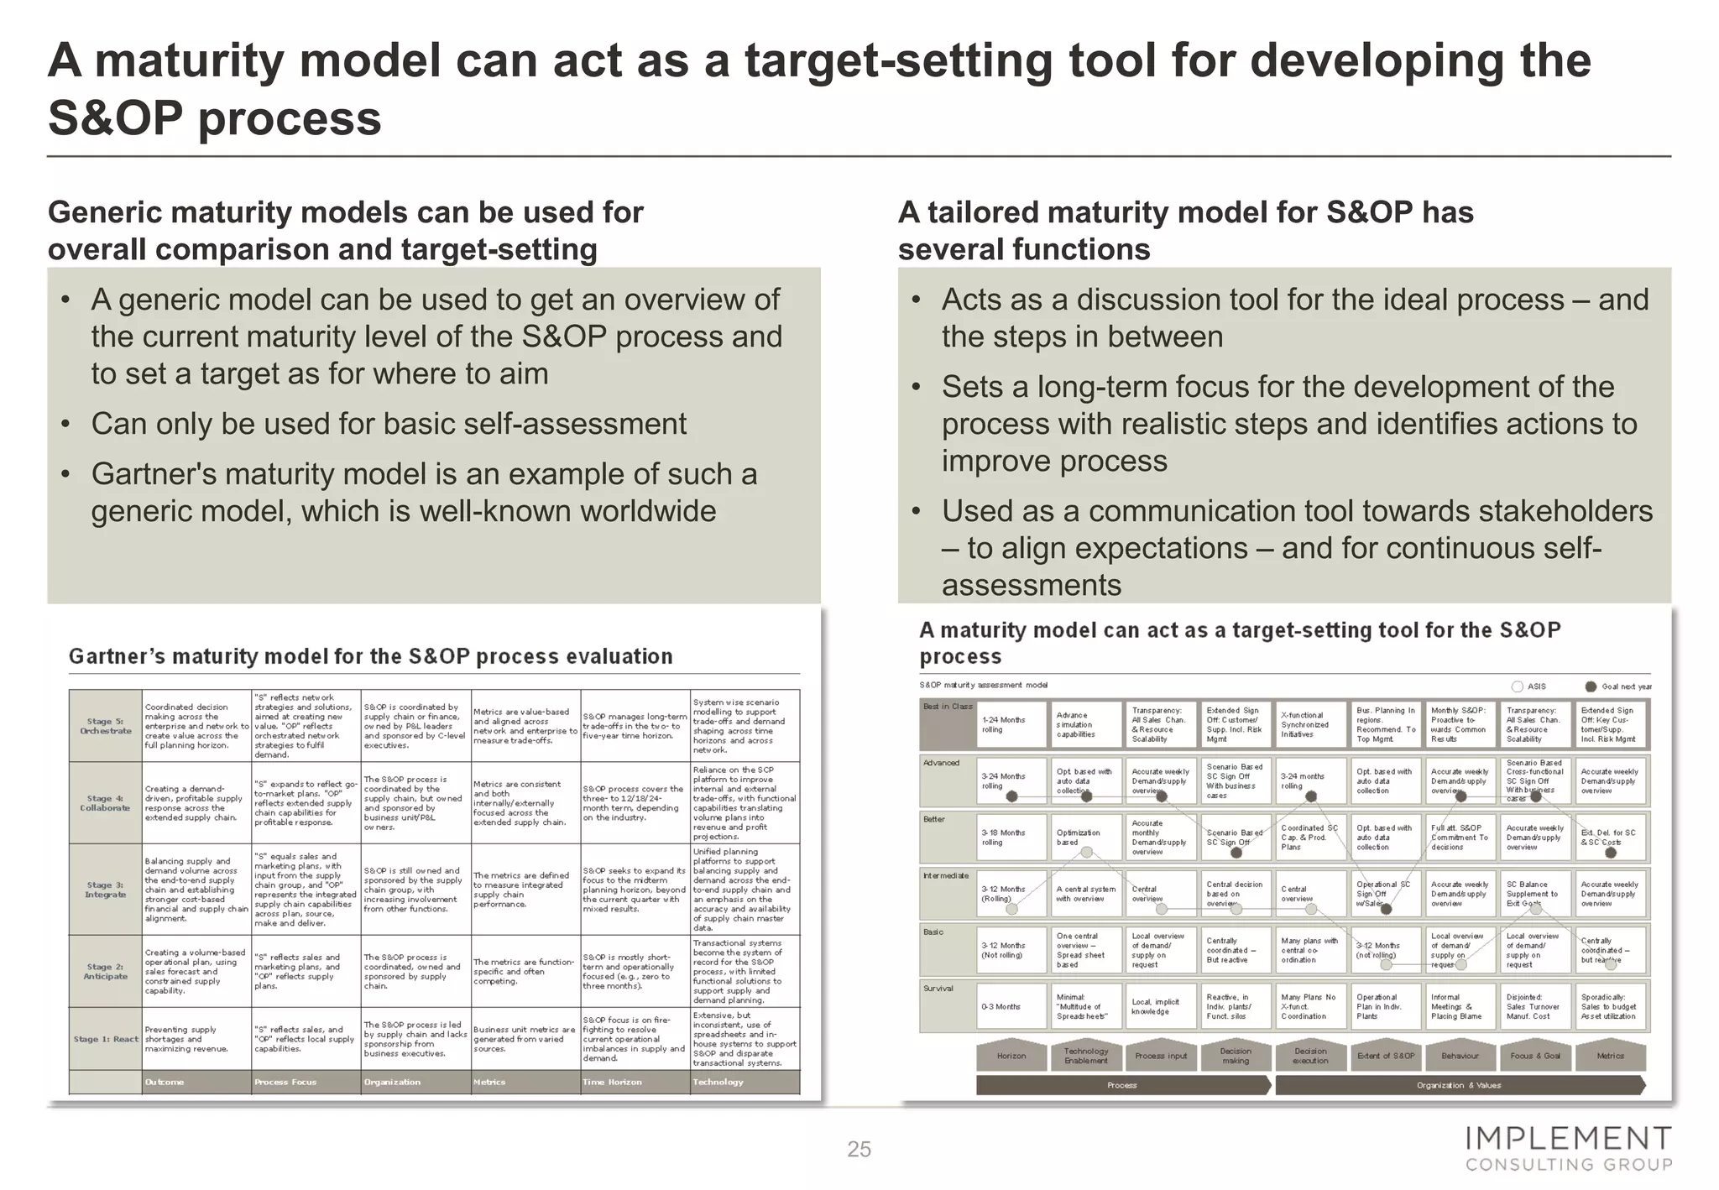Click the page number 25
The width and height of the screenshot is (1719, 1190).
coord(859,1149)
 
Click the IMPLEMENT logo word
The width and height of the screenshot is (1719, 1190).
coord(1568,1139)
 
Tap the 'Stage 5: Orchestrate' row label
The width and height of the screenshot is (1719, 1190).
coord(106,726)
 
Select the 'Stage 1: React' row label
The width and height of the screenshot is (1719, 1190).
coord(106,1039)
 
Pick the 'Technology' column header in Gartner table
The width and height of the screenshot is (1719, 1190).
coord(718,1082)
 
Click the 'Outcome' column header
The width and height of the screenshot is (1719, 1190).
coord(165,1082)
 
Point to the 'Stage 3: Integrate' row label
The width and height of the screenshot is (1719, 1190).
coord(106,890)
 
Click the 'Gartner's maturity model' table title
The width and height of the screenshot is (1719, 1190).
coord(370,656)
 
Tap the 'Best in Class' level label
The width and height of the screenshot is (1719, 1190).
coord(948,707)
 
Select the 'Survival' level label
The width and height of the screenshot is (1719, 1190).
coord(938,989)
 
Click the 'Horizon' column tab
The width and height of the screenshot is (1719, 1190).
coord(1011,1056)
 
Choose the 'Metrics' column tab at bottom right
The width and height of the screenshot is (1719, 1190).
coord(1610,1056)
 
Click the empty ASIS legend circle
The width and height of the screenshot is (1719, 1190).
coord(1517,686)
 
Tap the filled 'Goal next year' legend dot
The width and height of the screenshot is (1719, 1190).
coord(1590,686)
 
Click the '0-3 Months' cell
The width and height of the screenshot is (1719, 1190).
coord(1007,1006)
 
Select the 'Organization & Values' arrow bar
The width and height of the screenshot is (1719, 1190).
coord(1459,1085)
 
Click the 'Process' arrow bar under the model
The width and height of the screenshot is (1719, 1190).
coord(1121,1085)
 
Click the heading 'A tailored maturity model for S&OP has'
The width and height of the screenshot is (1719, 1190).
coord(1185,212)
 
